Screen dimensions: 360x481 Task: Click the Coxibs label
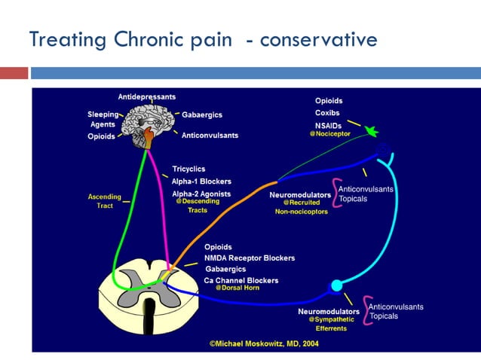point(327,113)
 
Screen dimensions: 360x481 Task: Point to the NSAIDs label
point(329,124)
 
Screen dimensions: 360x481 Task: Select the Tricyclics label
point(188,169)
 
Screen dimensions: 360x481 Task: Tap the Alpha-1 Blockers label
point(201,182)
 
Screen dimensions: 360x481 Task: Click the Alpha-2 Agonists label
point(201,194)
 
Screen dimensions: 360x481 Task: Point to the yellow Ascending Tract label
point(105,201)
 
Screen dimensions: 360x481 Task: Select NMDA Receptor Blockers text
point(249,258)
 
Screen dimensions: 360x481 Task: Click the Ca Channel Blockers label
point(240,280)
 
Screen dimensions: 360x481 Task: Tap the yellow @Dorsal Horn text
point(237,288)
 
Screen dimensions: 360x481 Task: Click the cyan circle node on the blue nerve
point(336,285)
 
